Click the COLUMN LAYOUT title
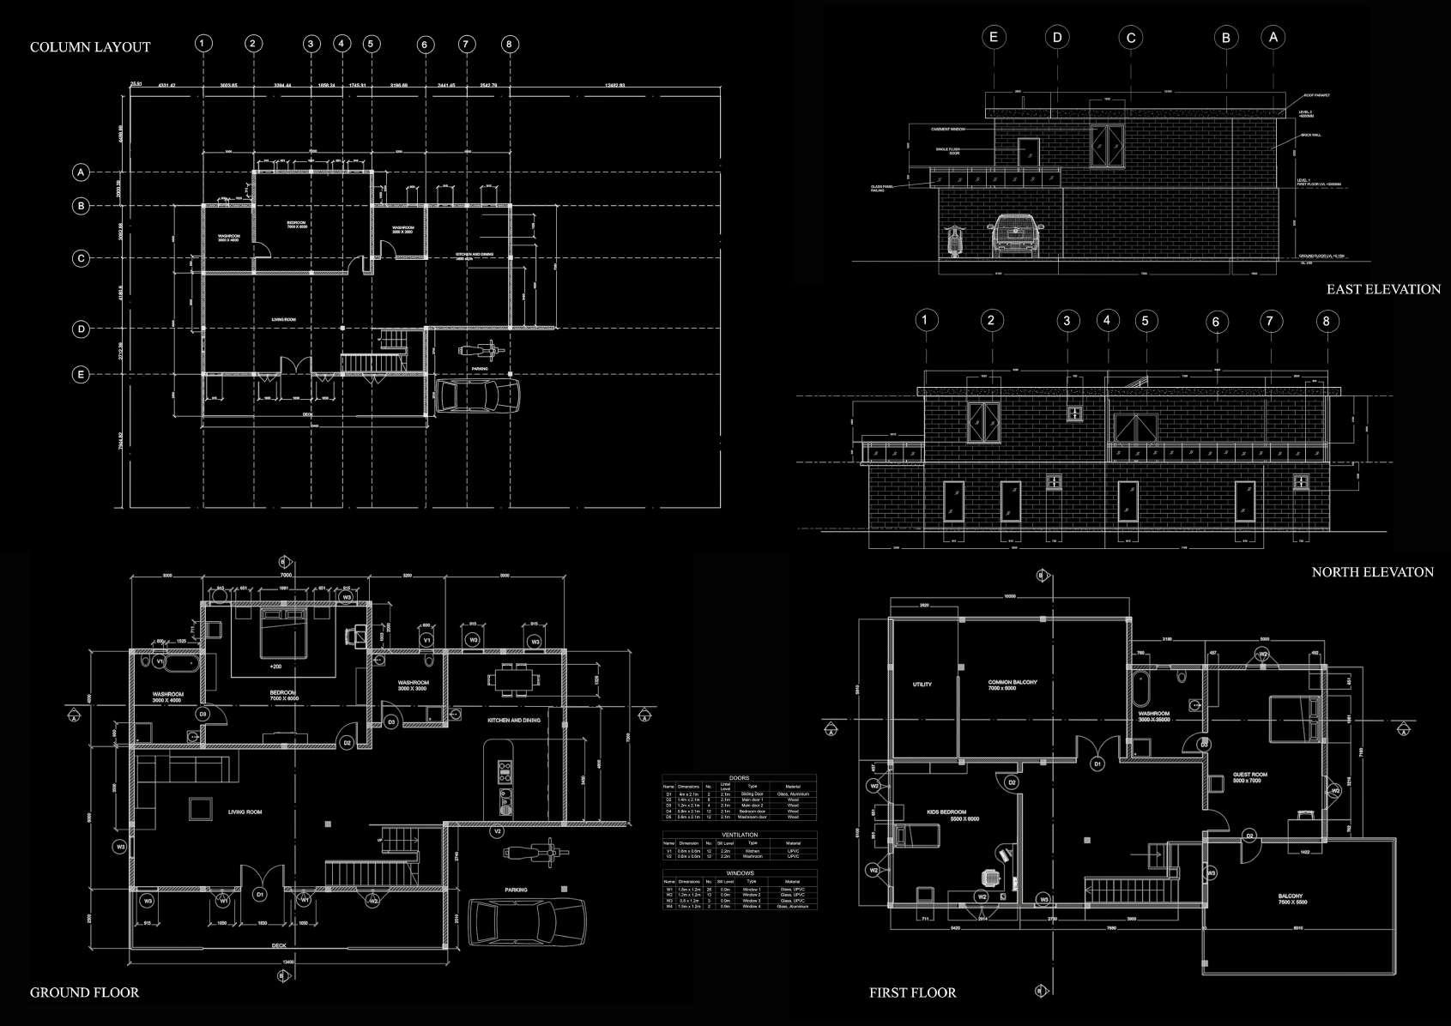pyautogui.click(x=90, y=47)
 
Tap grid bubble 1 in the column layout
pyautogui.click(x=203, y=44)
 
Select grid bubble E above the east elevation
pyautogui.click(x=994, y=37)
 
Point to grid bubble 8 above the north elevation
pyautogui.click(x=1326, y=321)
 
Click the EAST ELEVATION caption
pyautogui.click(x=1383, y=290)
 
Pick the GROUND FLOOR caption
pyautogui.click(x=84, y=993)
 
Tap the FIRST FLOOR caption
pyautogui.click(x=912, y=993)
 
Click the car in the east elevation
pyautogui.click(x=1016, y=234)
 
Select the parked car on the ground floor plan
pyautogui.click(x=528, y=922)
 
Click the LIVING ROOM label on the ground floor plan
pyautogui.click(x=245, y=812)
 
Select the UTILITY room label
pyautogui.click(x=922, y=685)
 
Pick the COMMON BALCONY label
pyautogui.click(x=1013, y=685)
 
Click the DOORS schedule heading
pyautogui.click(x=739, y=778)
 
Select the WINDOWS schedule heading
pyautogui.click(x=739, y=873)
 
